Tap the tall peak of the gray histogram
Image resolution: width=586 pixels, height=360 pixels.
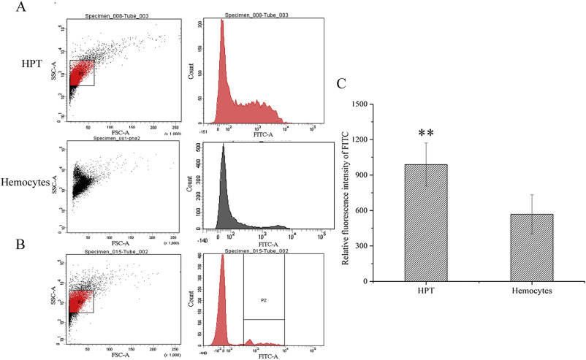click(224, 150)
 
